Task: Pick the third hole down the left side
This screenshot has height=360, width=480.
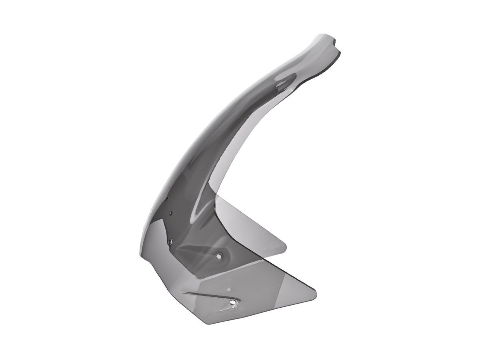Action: click(170, 240)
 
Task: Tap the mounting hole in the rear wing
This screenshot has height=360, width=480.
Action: click(219, 256)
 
